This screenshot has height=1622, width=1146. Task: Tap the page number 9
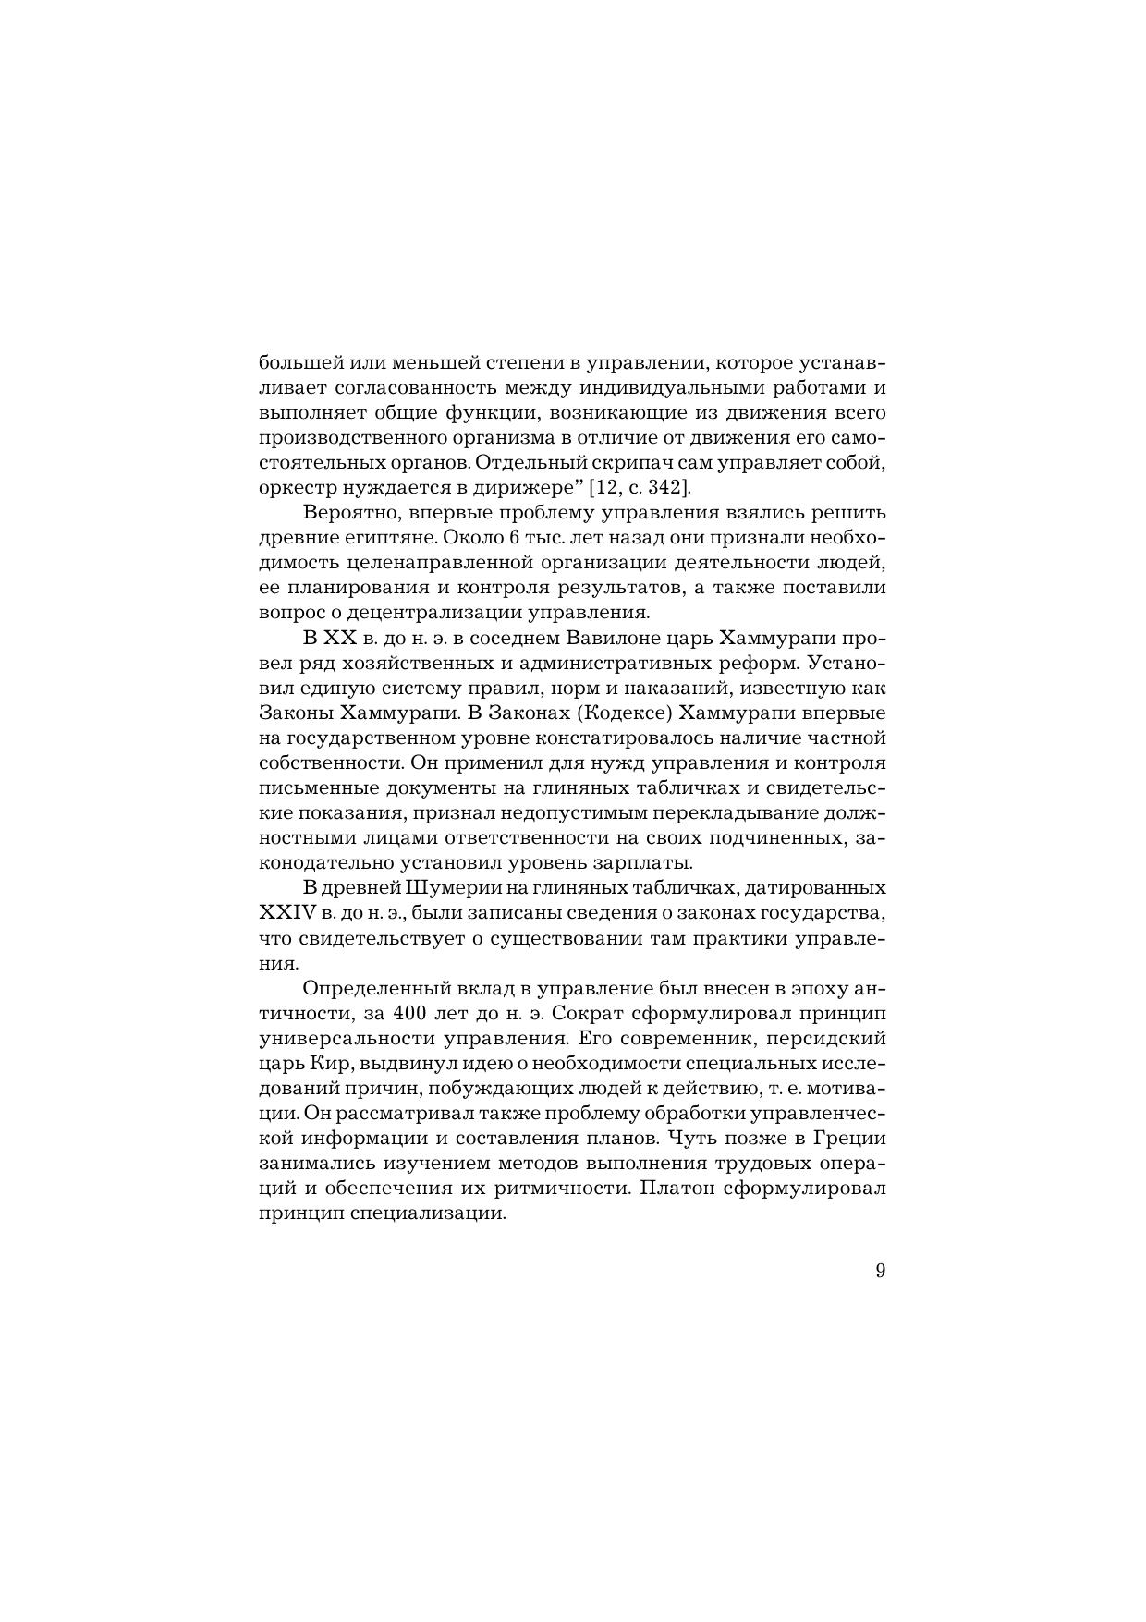point(879,1271)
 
